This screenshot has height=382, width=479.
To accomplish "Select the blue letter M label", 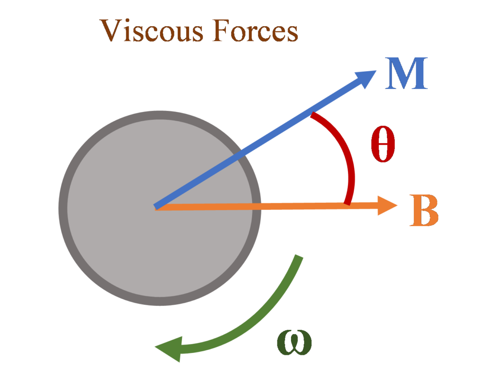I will coord(406,75).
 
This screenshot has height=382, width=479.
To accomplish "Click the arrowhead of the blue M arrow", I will coord(367,78).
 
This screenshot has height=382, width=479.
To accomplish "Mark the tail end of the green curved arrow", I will coord(298,257).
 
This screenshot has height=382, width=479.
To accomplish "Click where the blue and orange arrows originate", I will coord(157,207).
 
